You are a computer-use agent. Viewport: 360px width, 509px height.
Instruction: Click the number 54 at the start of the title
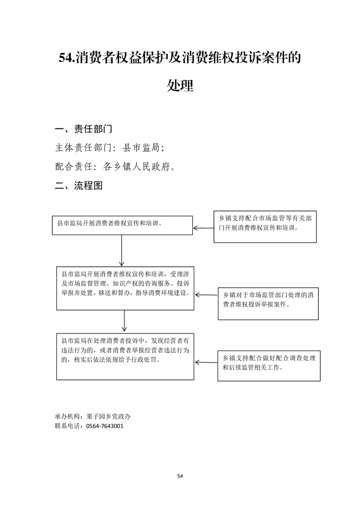pyautogui.click(x=66, y=58)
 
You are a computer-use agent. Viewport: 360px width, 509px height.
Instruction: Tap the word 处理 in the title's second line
pyautogui.click(x=180, y=85)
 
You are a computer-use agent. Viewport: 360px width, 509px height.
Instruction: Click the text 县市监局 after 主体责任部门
pyautogui.click(x=141, y=148)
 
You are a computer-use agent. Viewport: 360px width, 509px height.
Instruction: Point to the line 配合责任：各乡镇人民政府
pyautogui.click(x=115, y=166)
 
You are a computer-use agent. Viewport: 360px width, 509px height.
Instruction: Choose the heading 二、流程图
pyautogui.click(x=79, y=186)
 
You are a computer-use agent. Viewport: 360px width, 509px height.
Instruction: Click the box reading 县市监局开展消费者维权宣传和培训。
pyautogui.click(x=123, y=225)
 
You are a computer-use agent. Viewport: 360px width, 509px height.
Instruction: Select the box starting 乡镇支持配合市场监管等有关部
pyautogui.click(x=265, y=226)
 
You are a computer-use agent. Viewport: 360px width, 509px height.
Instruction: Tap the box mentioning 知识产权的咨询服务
pyautogui.click(x=125, y=288)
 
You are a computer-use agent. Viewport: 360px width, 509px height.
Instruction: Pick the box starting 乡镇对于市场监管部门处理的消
pyautogui.click(x=268, y=304)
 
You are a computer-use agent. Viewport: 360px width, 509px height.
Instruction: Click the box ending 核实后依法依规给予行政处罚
pyautogui.click(x=125, y=357)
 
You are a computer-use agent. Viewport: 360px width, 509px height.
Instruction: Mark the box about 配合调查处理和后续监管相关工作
pyautogui.click(x=269, y=366)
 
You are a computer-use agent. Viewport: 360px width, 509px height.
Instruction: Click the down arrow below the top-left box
pyautogui.click(x=122, y=250)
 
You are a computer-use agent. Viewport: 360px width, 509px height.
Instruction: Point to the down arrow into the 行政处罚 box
pyautogui.click(x=124, y=321)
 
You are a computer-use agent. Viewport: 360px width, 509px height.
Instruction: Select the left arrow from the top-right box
pyautogui.click(x=204, y=228)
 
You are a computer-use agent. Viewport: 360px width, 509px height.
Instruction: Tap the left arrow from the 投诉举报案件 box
pyautogui.click(x=207, y=295)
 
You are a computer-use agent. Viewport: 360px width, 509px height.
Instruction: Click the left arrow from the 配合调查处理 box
pyautogui.click(x=206, y=362)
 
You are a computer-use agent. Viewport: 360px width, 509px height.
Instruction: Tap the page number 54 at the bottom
pyautogui.click(x=180, y=476)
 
